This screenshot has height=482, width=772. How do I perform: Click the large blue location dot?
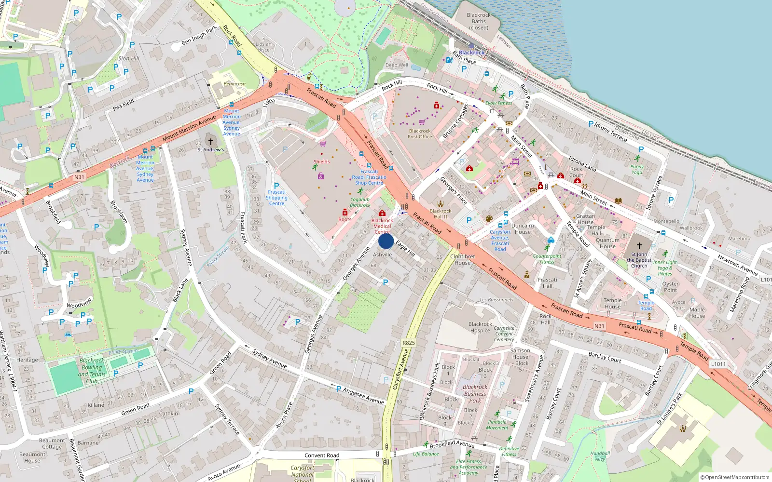click(x=386, y=241)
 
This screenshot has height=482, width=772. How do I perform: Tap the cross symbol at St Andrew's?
click(x=210, y=141)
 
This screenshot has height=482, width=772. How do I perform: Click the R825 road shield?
click(x=408, y=343)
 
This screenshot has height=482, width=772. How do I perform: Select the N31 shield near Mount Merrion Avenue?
click(x=79, y=177)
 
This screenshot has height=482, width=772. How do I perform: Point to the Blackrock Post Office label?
click(x=420, y=134)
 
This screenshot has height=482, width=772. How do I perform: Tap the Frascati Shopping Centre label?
click(x=276, y=198)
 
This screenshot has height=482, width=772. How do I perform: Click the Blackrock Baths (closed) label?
click(x=479, y=21)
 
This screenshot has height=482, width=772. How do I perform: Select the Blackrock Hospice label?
click(x=480, y=327)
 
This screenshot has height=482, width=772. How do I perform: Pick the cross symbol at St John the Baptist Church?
click(x=639, y=246)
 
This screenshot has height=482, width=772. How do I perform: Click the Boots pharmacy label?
click(x=345, y=219)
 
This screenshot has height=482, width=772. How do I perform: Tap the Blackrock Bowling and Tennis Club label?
click(x=92, y=371)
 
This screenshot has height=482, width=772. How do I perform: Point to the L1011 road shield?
click(x=718, y=364)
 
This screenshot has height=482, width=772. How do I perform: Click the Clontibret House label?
click(x=462, y=260)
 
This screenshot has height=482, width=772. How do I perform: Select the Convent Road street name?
click(x=322, y=455)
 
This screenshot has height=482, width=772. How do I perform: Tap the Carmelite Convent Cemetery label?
click(x=504, y=334)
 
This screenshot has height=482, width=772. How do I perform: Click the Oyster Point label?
click(x=670, y=287)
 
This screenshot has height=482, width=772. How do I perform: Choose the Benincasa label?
click(x=234, y=84)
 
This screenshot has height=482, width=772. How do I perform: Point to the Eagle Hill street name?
click(x=405, y=249)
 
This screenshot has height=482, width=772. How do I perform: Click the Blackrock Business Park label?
click(x=475, y=393)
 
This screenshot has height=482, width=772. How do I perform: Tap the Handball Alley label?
click(x=600, y=456)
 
